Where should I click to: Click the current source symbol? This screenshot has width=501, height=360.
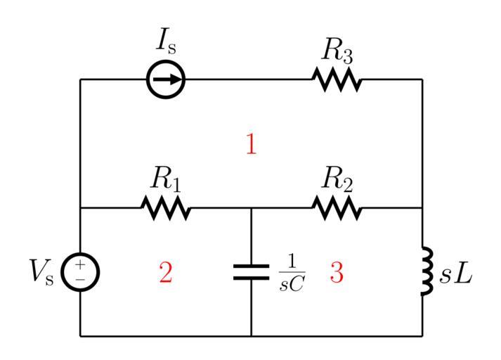point(166,79)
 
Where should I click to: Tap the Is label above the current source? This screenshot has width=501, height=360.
point(167,44)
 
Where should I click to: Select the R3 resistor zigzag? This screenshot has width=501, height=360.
point(337,79)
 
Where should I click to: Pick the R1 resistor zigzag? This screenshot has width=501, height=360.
point(166,208)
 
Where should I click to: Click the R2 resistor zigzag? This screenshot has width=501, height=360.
point(337,208)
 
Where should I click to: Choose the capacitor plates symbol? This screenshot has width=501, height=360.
point(251,272)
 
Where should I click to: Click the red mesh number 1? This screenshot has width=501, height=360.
point(251,144)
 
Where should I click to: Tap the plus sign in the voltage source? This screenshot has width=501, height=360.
point(80,265)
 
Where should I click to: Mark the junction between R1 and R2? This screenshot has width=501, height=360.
point(251,208)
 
